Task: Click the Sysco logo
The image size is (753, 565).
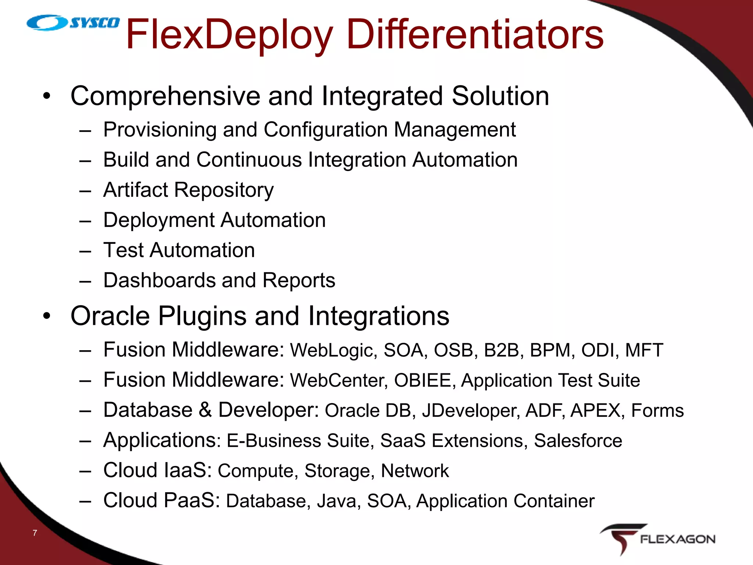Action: pos(73,23)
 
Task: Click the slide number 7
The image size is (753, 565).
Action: pos(35,533)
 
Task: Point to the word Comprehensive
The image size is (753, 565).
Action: pos(165,96)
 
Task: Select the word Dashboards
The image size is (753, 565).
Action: pos(159,280)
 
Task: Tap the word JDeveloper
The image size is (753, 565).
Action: pos(471,411)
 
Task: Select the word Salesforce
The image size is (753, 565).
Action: pos(578,441)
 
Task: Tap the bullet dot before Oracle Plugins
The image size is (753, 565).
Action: pos(46,316)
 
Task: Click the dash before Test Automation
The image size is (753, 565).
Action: pos(85,251)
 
